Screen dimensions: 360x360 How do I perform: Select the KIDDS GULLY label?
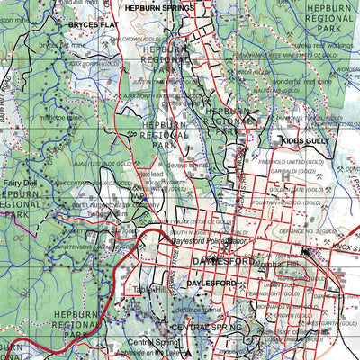304,142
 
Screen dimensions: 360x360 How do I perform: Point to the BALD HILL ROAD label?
13,85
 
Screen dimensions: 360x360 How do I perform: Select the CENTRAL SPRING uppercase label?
179,326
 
